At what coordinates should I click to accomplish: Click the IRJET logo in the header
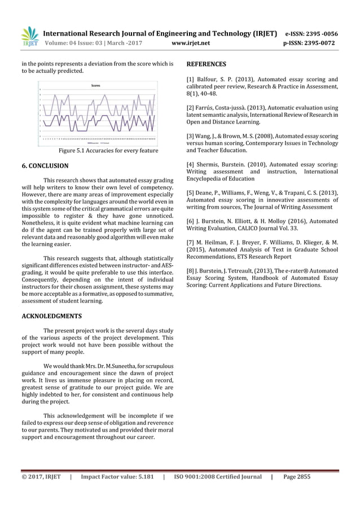tap(29, 37)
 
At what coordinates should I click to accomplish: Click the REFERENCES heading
tap(207, 64)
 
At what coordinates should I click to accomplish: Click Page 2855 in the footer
tap(297, 477)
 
